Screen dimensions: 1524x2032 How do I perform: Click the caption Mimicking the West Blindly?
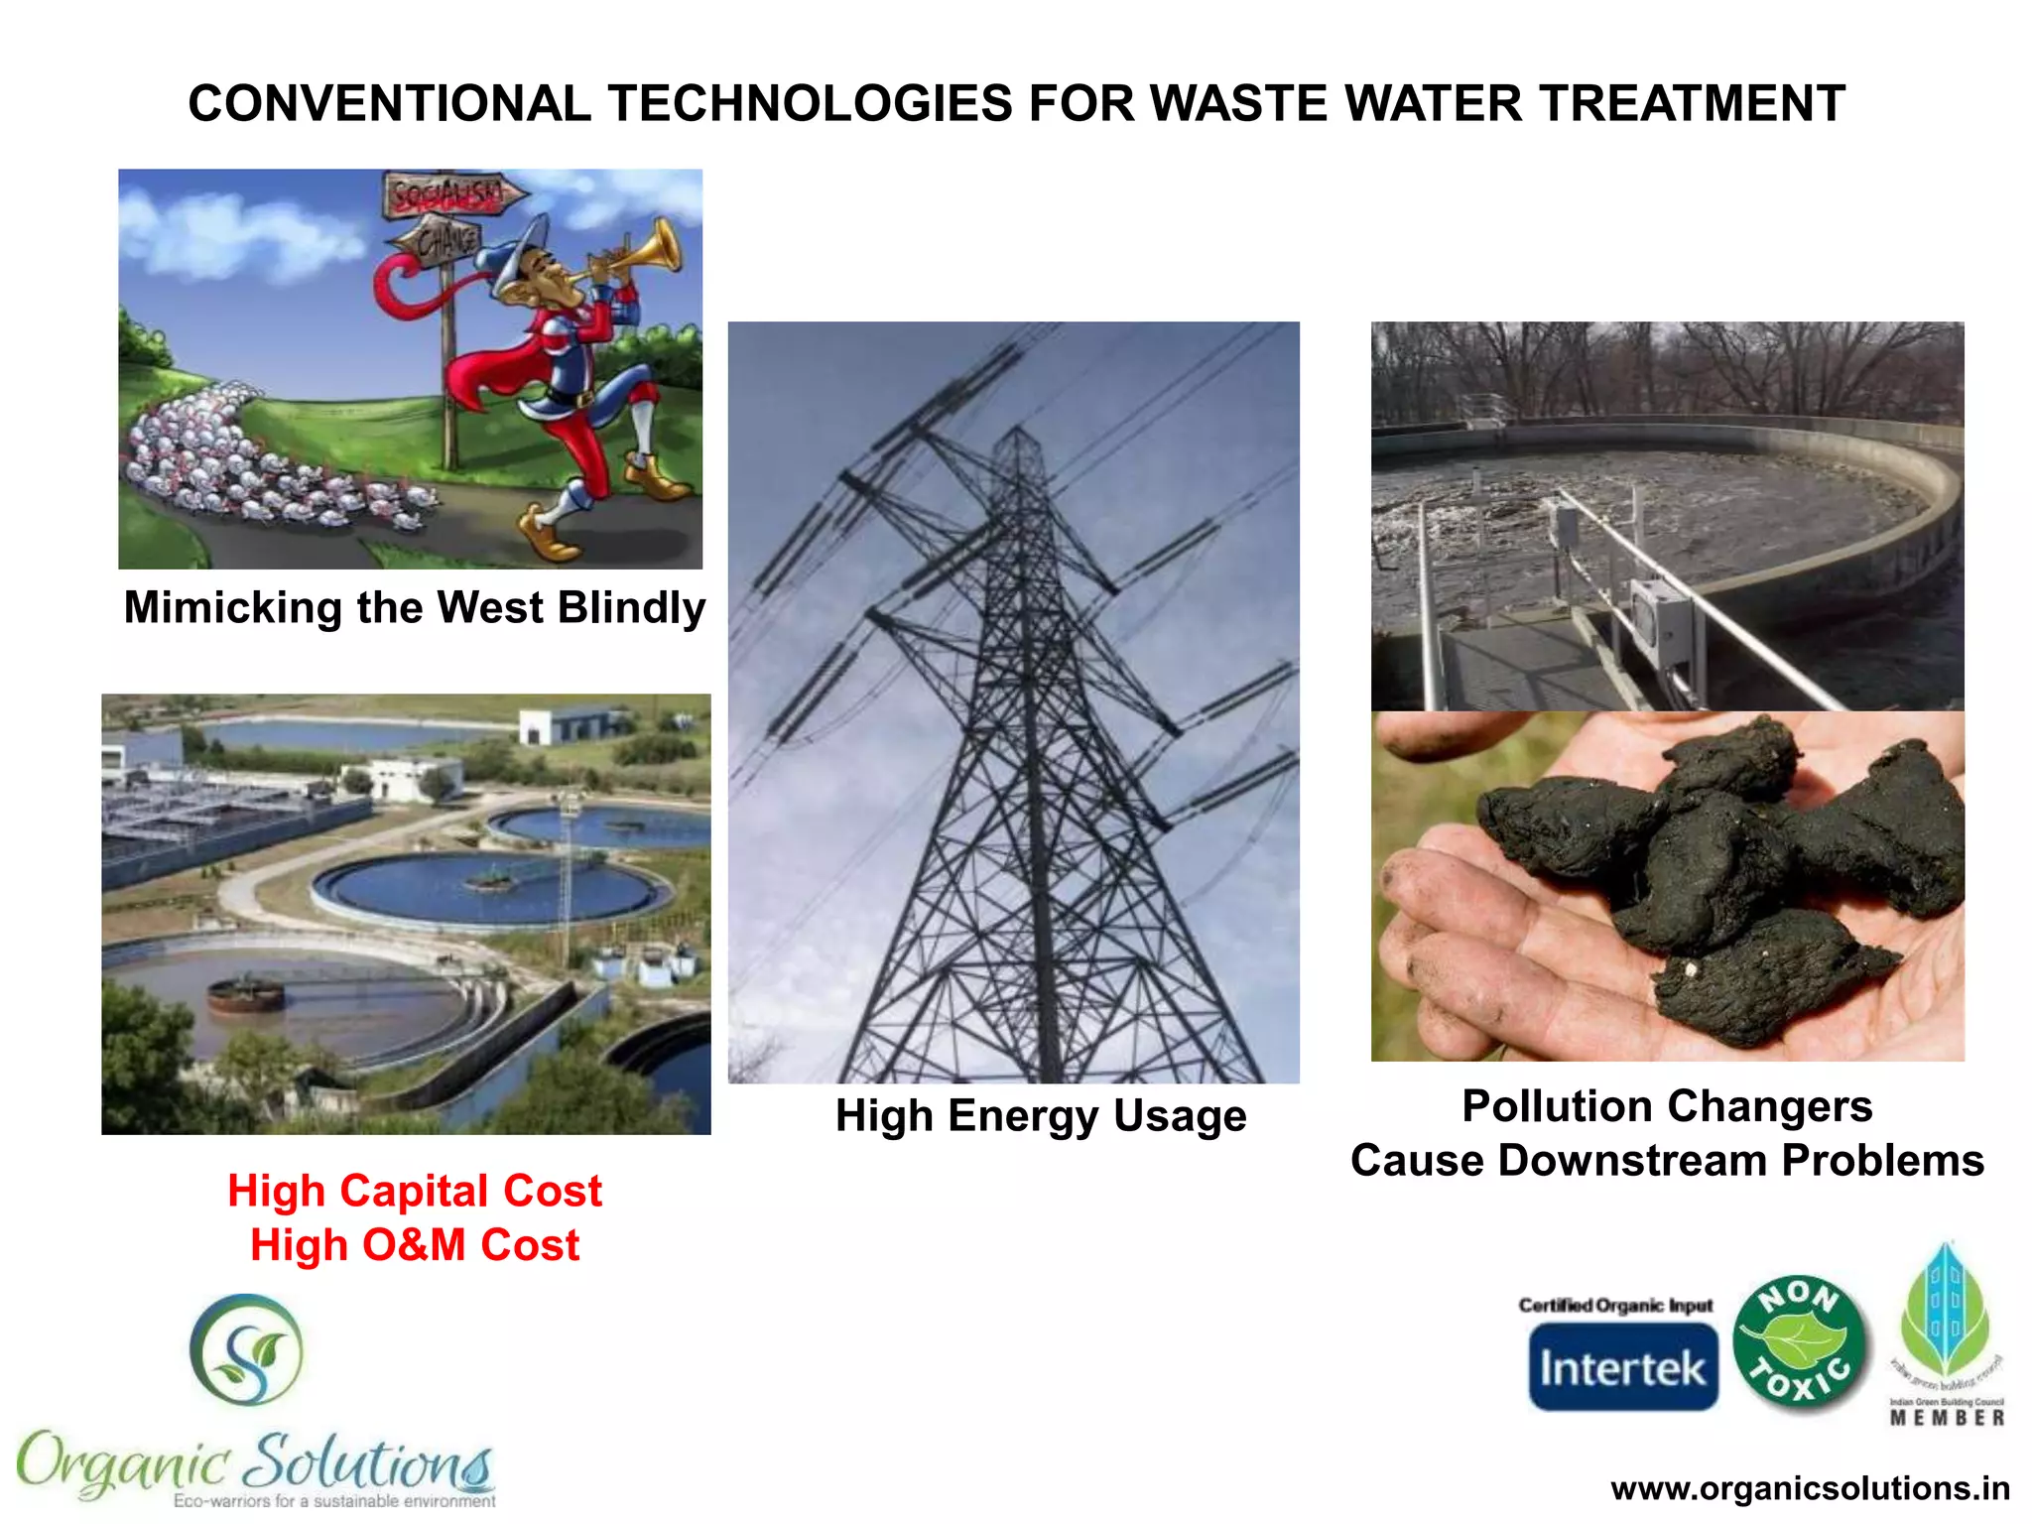click(x=415, y=607)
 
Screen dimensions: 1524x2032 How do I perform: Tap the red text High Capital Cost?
click(x=415, y=1191)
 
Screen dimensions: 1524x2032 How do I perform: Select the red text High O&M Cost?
click(x=415, y=1245)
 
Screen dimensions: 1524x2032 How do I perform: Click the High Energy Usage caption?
click(x=1040, y=1115)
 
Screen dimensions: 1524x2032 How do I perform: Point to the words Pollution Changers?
click(x=1667, y=1105)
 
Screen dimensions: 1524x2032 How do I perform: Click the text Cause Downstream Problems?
click(x=1667, y=1160)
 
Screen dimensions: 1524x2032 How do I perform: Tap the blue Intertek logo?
click(x=1623, y=1367)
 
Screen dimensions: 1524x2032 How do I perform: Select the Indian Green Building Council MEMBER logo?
click(x=1947, y=1334)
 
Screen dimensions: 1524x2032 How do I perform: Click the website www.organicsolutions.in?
click(x=1810, y=1488)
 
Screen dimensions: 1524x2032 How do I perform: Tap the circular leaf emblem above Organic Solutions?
click(x=246, y=1349)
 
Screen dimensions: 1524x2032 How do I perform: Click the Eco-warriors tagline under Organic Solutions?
click(x=334, y=1501)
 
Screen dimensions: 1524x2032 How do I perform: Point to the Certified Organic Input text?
click(x=1615, y=1305)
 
